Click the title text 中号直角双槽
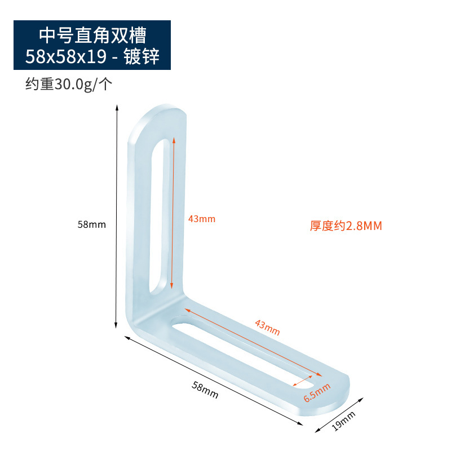point(92,35)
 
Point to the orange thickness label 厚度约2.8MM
point(346,226)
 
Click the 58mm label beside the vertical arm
point(92,224)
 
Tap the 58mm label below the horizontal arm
point(205,390)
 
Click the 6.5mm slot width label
point(317,392)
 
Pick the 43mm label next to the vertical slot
point(201,219)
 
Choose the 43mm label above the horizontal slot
point(267,327)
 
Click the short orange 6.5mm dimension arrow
point(304,382)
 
